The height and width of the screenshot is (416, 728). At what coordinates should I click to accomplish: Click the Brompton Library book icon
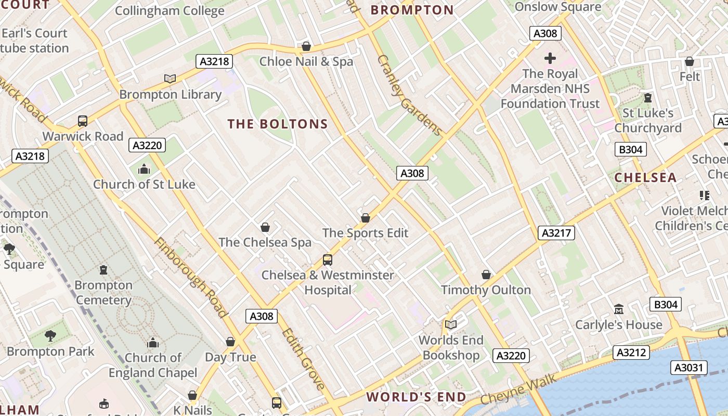170,79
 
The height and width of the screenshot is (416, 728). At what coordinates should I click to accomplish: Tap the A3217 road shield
556,232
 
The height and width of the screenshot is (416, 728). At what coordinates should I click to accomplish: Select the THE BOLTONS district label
278,124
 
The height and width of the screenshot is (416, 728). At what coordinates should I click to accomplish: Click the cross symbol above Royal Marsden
550,58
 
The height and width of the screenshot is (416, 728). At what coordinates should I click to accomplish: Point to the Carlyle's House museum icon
618,309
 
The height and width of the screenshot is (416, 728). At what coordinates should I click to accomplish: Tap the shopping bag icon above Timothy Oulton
486,275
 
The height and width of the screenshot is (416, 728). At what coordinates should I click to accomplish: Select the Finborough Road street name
190,278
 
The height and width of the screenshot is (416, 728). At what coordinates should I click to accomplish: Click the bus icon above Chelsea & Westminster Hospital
328,259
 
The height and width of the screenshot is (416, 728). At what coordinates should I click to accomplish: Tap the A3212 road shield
631,352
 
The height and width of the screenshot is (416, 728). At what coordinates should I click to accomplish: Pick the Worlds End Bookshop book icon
450,325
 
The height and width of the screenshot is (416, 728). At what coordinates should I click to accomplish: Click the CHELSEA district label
645,178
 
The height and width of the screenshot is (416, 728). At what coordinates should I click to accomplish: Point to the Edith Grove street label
304,359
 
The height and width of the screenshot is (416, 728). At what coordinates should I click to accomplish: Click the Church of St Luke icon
144,169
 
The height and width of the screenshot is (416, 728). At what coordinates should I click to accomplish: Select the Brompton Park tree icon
50,336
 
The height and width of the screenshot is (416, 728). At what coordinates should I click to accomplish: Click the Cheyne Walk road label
518,389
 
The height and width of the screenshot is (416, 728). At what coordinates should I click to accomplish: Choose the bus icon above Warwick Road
83,121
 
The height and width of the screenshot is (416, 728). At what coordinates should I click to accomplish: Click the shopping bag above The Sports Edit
366,218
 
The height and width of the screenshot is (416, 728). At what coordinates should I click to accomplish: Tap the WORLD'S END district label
416,397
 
